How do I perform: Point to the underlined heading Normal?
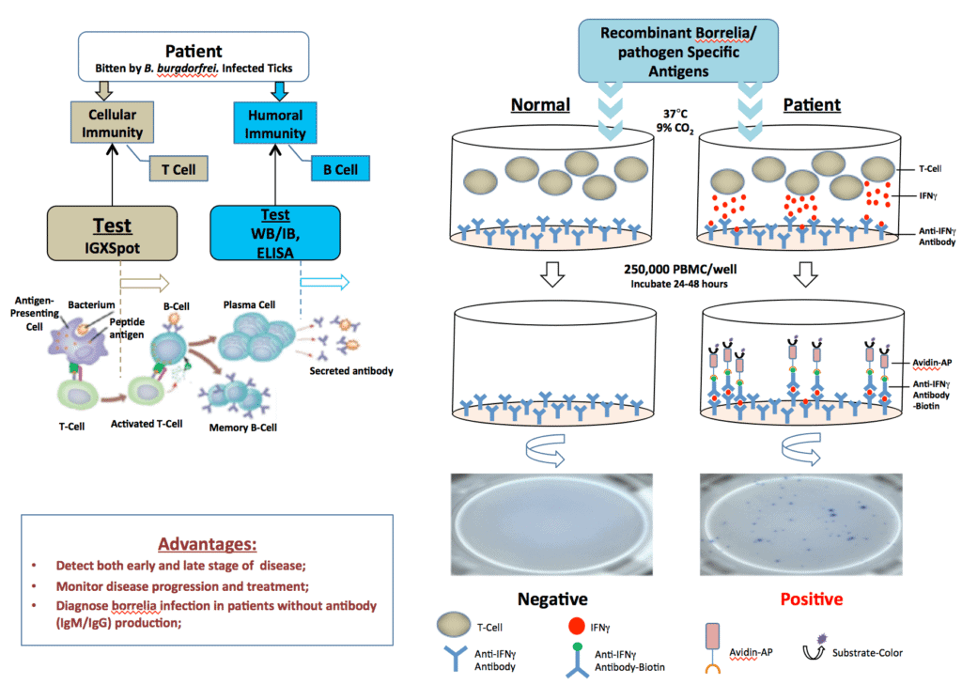tap(540, 104)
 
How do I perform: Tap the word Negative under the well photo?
tap(551, 599)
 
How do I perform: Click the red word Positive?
tap(804, 599)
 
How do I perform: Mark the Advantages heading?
tap(207, 544)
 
